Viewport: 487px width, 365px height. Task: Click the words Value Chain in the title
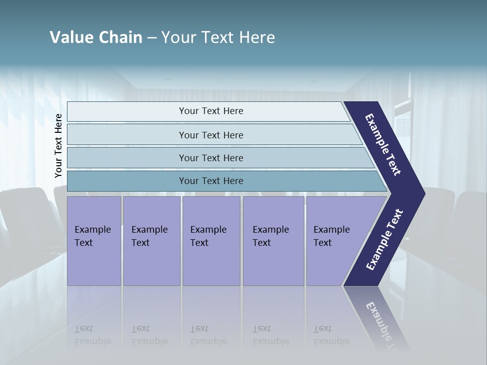click(x=96, y=38)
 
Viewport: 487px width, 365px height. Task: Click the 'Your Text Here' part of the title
click(x=218, y=38)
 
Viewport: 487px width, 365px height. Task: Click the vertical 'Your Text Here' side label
click(x=58, y=146)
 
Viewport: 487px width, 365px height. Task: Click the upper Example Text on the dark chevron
click(x=383, y=144)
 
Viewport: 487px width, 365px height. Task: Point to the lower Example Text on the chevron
click(x=385, y=240)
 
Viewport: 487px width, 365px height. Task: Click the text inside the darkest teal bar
click(x=211, y=181)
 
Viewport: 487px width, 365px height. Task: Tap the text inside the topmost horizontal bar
click(x=211, y=111)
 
